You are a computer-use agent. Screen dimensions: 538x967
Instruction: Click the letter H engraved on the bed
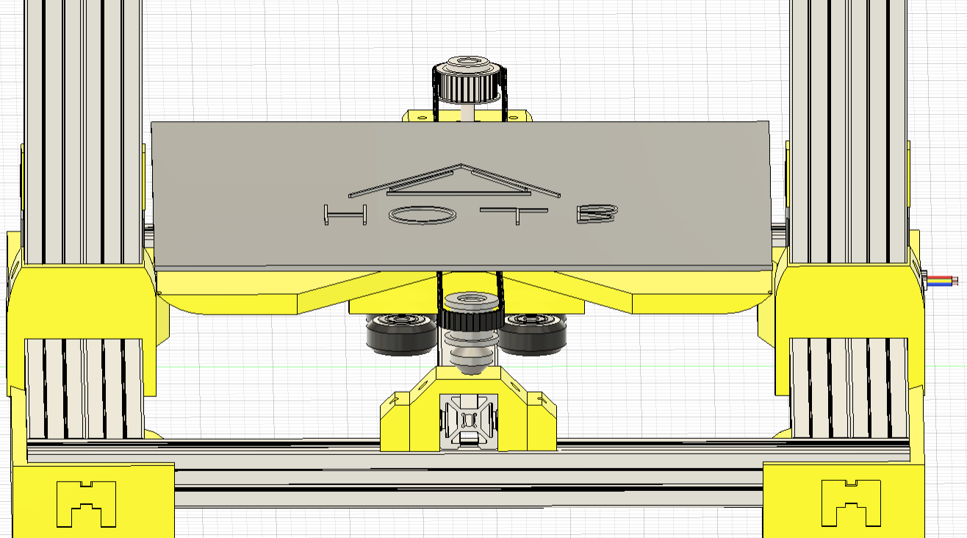(x=345, y=215)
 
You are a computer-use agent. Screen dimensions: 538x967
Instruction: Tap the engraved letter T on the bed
(x=519, y=215)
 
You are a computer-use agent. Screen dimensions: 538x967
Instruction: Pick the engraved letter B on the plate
(x=597, y=214)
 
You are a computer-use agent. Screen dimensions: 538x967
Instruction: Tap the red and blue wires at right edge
(x=945, y=281)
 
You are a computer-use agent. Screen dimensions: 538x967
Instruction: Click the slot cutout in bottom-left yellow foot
(x=87, y=503)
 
